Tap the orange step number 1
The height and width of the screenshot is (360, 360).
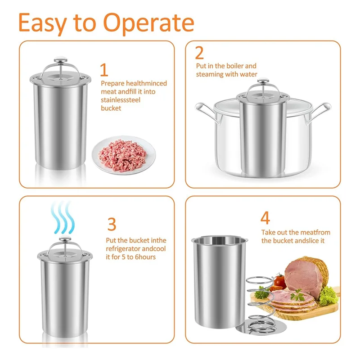tap(104, 70)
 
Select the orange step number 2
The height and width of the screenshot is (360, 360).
tap(199, 53)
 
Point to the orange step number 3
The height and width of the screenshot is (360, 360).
tap(112, 224)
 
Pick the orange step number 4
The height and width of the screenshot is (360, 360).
tap(265, 218)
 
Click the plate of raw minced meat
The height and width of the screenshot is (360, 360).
tap(124, 155)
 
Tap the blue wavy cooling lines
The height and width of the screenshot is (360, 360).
tap(63, 218)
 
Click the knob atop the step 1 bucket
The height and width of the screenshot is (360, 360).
tap(61, 60)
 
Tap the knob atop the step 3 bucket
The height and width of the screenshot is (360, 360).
tap(65, 239)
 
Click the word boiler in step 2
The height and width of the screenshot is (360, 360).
tap(234, 66)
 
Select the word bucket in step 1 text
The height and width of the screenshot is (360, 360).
tap(111, 108)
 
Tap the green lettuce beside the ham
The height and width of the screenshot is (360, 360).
tap(329, 296)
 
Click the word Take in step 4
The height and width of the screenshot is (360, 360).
tap(268, 232)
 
